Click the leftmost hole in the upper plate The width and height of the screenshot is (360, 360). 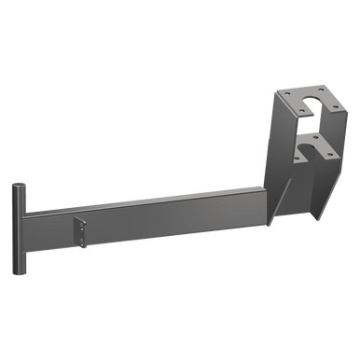(x=284, y=97)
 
